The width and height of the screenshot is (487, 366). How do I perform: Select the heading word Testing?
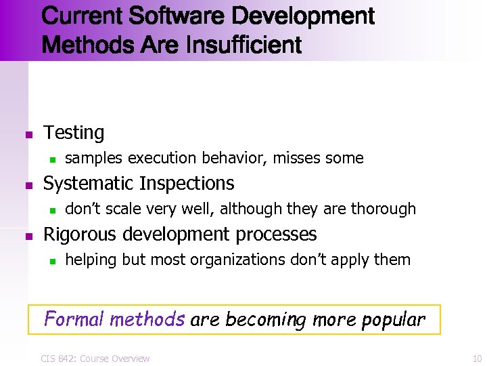74,133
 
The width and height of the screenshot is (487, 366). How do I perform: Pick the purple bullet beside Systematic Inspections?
28,184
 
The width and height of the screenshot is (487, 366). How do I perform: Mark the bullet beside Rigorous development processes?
28,236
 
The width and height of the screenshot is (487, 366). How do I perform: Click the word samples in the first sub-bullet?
94,159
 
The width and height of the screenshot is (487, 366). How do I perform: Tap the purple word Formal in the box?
74,319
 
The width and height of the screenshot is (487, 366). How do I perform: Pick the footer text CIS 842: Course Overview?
95,358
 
